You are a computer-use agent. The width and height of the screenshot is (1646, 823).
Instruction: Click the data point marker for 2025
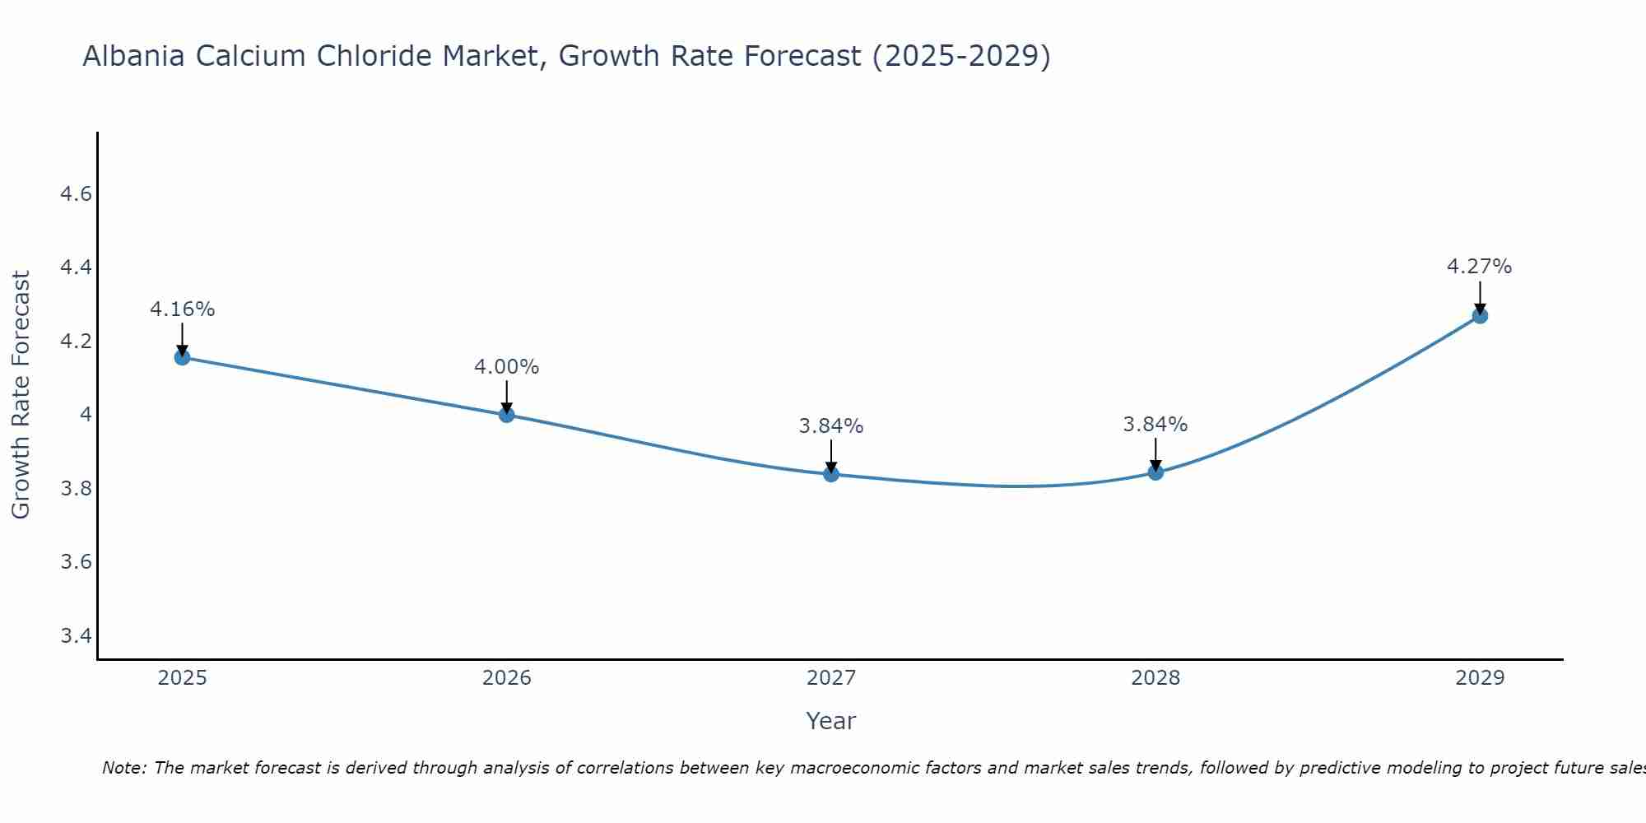pyautogui.click(x=182, y=357)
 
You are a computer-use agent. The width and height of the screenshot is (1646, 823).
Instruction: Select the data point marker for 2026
pyautogui.click(x=507, y=415)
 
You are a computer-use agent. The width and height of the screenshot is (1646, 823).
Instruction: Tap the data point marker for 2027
pyautogui.click(x=831, y=474)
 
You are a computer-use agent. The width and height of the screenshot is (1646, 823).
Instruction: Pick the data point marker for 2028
pyautogui.click(x=1155, y=472)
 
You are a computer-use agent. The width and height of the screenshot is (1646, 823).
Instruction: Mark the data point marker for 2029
pyautogui.click(x=1480, y=315)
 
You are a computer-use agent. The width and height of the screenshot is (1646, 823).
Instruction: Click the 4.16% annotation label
pyautogui.click(x=182, y=309)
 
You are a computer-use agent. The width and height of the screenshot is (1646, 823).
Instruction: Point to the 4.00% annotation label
pyautogui.click(x=507, y=367)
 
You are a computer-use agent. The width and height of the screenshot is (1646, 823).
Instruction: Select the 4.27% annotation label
pyautogui.click(x=1479, y=267)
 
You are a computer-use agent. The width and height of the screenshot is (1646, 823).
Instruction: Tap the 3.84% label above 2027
pyautogui.click(x=831, y=426)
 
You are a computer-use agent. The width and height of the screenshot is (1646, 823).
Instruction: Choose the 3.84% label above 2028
pyautogui.click(x=1155, y=425)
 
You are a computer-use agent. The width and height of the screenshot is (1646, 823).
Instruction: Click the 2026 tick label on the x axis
pyautogui.click(x=507, y=678)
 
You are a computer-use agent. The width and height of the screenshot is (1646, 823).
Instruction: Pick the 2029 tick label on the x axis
pyautogui.click(x=1480, y=678)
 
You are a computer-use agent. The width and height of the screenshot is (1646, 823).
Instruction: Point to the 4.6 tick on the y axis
pyautogui.click(x=76, y=194)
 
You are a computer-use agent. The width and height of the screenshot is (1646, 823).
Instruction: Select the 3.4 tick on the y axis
pyautogui.click(x=76, y=635)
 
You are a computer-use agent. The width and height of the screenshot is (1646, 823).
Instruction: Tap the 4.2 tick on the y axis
pyautogui.click(x=76, y=341)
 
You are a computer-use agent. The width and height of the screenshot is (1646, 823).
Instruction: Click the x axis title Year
pyautogui.click(x=831, y=721)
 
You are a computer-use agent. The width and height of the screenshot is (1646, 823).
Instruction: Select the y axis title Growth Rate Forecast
pyautogui.click(x=21, y=395)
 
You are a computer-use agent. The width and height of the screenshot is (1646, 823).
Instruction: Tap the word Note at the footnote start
pyautogui.click(x=123, y=768)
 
